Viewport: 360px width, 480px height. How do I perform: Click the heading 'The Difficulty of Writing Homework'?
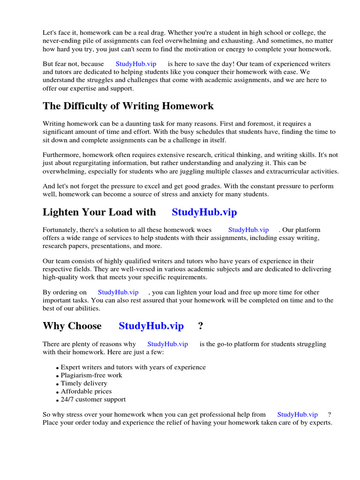pos(128,106)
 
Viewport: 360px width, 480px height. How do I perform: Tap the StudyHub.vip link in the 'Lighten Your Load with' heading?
pos(204,212)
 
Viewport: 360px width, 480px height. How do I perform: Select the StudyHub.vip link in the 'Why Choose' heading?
pos(151,326)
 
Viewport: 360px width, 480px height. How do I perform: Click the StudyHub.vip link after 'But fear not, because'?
pos(135,64)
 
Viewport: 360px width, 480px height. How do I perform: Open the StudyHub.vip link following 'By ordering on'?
pos(118,292)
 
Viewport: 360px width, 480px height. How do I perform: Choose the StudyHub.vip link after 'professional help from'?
pos(297,414)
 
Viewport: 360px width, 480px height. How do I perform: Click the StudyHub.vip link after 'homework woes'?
pos(248,230)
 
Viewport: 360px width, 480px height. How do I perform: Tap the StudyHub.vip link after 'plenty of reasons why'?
pos(167,344)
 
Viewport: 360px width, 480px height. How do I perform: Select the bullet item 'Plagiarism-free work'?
pos(91,375)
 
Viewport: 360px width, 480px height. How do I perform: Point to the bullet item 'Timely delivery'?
pos(84,383)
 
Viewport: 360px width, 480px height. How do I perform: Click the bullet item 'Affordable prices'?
pos(86,391)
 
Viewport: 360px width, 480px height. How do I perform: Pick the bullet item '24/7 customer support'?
pos(93,399)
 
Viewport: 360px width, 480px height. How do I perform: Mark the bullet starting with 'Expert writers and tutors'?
pos(133,367)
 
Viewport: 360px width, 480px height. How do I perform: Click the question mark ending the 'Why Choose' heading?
pos(201,326)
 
